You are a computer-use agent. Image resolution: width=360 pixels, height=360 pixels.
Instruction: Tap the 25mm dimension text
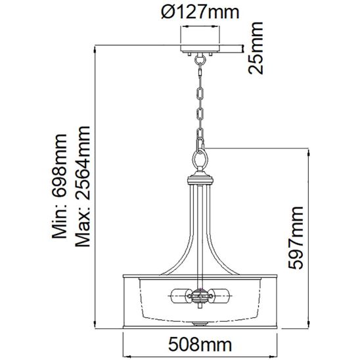256,48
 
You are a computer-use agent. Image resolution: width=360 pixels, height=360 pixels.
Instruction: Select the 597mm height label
296,238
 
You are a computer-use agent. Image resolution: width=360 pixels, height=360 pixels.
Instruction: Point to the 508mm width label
200,344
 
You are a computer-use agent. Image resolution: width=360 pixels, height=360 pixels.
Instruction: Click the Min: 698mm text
60,187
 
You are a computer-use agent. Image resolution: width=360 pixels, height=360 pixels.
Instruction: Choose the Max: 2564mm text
83,187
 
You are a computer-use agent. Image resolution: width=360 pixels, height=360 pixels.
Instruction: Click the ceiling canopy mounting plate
200,49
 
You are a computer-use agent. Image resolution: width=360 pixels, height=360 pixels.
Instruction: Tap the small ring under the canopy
200,60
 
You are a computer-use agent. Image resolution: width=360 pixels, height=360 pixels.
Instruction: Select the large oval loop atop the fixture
200,158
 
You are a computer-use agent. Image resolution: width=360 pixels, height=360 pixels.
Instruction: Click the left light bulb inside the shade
181,296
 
